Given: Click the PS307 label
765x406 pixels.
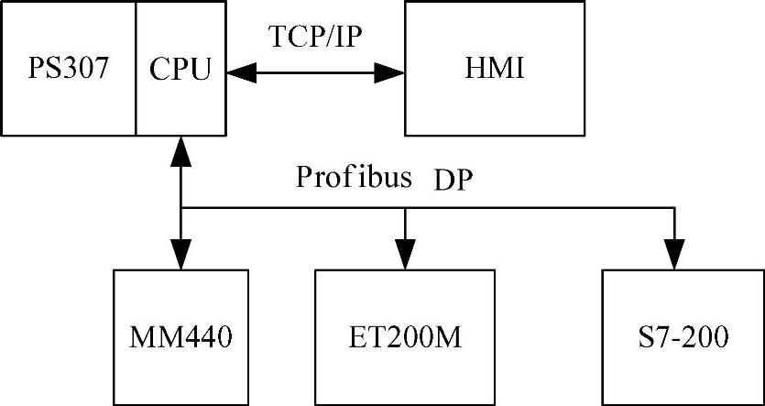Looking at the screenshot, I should click(68, 69).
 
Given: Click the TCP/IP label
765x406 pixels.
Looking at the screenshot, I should click(314, 37).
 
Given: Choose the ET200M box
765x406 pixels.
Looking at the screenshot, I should click(404, 336).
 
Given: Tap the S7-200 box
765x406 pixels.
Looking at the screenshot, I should click(683, 336).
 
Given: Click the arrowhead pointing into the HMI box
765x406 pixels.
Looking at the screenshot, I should click(391, 70).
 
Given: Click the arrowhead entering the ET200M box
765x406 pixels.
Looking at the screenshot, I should click(404, 258).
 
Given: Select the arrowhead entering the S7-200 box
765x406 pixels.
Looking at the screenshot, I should click(675, 258).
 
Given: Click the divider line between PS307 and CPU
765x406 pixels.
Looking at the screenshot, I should click(137, 69).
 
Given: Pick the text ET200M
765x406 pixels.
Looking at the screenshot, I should click(404, 337).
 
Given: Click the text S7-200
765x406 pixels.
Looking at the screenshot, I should click(683, 337).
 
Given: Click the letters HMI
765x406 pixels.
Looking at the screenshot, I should click(494, 69).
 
